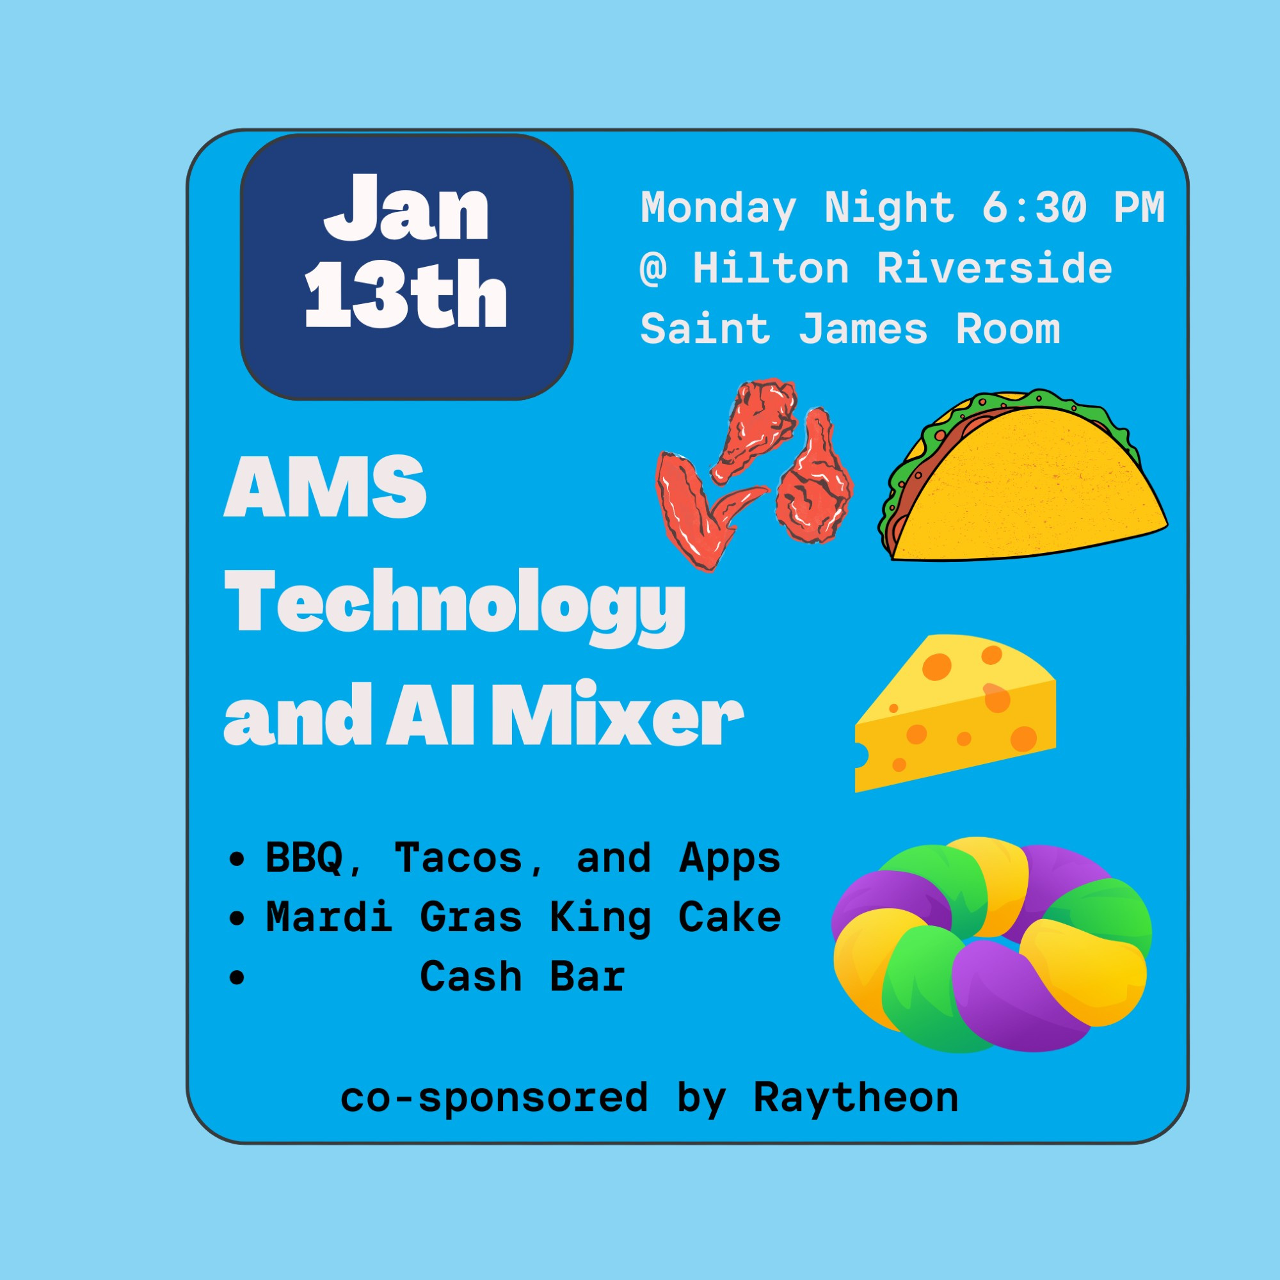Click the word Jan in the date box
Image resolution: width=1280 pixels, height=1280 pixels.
(406, 207)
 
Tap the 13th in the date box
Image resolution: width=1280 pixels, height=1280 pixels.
(406, 293)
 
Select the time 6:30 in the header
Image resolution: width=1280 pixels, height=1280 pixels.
(1034, 207)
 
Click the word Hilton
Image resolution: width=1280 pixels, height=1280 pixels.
(771, 268)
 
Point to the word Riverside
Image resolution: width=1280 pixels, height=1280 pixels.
(995, 268)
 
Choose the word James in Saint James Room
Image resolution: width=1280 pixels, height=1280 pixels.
(863, 329)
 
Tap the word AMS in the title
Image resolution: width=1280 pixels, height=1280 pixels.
(325, 486)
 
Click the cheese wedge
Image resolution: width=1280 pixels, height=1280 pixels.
(956, 713)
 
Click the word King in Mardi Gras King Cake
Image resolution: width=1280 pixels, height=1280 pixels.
(600, 918)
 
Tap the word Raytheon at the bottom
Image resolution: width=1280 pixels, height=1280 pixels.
(856, 1098)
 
